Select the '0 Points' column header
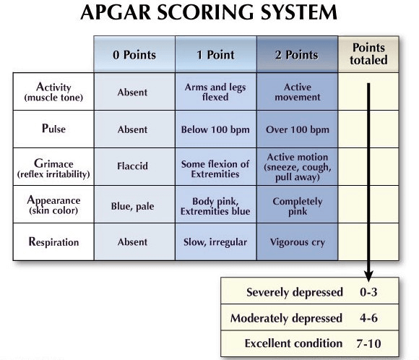pyautogui.click(x=134, y=55)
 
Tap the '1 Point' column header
pyautogui.click(x=216, y=55)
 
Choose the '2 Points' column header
pyautogui.click(x=297, y=55)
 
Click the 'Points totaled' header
pyautogui.click(x=368, y=53)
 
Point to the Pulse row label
pyautogui.click(x=53, y=129)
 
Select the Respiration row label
pyautogui.click(x=53, y=241)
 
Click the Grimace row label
pyautogui.click(x=53, y=168)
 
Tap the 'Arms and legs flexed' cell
pyautogui.click(x=215, y=92)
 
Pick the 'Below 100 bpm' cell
pyautogui.click(x=215, y=129)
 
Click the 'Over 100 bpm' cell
pyautogui.click(x=298, y=129)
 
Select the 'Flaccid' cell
pyautogui.click(x=132, y=166)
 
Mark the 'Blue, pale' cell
pyautogui.click(x=132, y=206)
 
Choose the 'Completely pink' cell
pyautogui.click(x=298, y=206)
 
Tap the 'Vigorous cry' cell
pyautogui.click(x=298, y=242)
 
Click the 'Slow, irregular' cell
pyautogui.click(x=215, y=242)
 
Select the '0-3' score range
pyautogui.click(x=368, y=292)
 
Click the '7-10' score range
pyautogui.click(x=368, y=343)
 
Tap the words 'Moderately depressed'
pyautogui.click(x=286, y=318)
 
